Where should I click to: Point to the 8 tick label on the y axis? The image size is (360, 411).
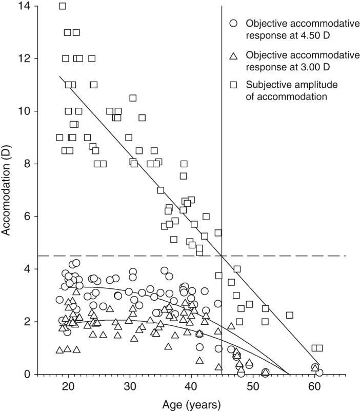27,164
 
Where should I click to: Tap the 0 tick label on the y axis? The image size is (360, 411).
27,374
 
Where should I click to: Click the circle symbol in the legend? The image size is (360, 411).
233,23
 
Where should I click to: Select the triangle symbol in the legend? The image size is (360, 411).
233,55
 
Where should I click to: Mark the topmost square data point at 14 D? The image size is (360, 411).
63,6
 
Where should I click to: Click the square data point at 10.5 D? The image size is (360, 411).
133,98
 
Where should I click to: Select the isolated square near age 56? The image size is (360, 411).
290,315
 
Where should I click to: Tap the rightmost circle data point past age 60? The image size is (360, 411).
319,373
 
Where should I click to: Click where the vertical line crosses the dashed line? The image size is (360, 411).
222,256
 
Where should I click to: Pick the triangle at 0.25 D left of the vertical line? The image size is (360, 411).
219,367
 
